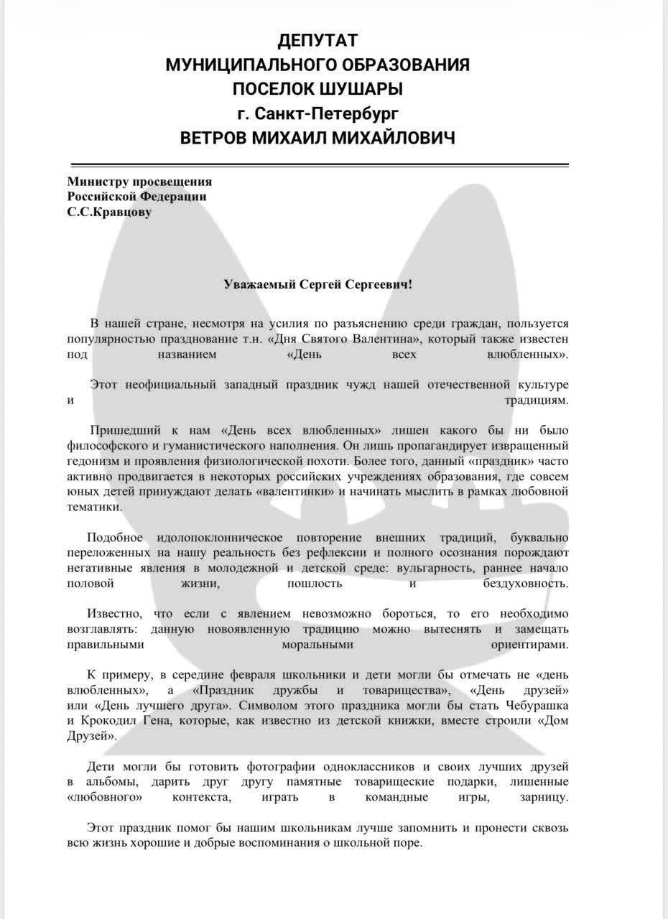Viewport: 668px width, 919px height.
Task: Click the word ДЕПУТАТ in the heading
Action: (x=317, y=40)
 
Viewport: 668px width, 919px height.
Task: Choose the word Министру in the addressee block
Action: (x=96, y=182)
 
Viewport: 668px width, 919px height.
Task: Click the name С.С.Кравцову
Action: (x=109, y=213)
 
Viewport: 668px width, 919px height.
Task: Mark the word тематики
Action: (x=94, y=507)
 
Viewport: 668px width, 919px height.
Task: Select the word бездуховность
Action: (x=526, y=584)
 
